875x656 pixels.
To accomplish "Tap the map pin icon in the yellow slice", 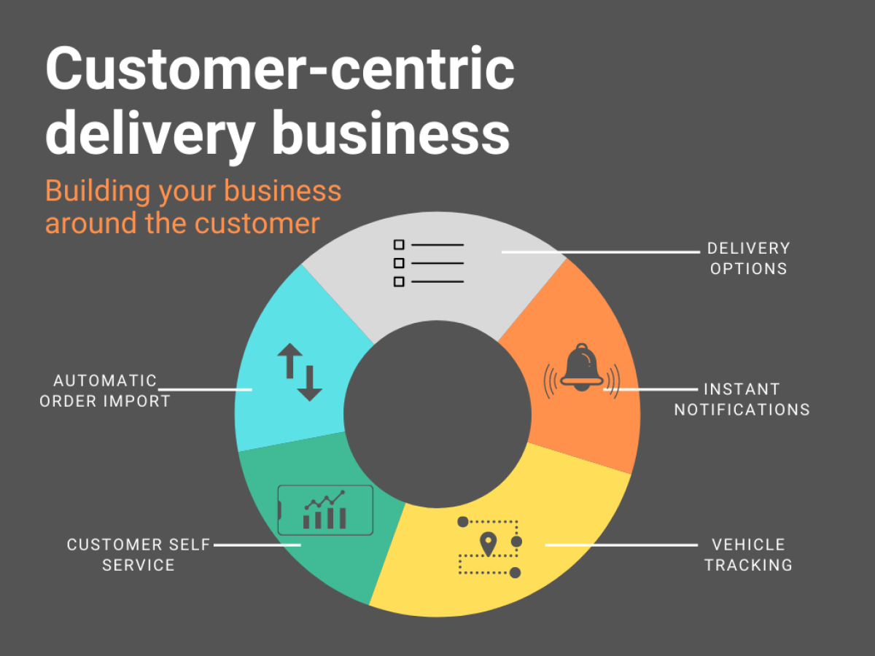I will (x=488, y=543).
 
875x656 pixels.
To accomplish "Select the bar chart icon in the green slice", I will (x=325, y=510).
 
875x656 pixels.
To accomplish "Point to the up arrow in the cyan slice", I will (x=289, y=361).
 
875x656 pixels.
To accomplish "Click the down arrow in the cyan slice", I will (x=310, y=383).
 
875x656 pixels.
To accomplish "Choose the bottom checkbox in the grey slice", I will (x=399, y=281).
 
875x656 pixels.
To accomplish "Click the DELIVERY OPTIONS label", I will (x=748, y=258).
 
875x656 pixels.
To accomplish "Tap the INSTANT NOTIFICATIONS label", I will (x=742, y=399).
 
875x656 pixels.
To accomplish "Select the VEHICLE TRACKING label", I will (x=748, y=555).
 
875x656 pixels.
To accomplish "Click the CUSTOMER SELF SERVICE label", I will (x=139, y=555).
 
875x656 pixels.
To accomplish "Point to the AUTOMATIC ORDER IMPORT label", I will (x=105, y=391).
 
